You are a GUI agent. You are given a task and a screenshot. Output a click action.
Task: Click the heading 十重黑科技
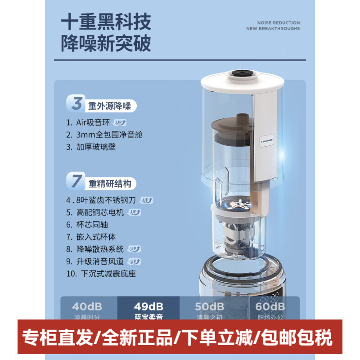[x=106, y=22]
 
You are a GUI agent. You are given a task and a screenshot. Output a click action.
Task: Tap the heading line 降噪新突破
[x=106, y=44]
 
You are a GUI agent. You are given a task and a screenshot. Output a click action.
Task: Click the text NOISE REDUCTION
[x=279, y=22]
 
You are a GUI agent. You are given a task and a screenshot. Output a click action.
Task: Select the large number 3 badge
[x=77, y=103]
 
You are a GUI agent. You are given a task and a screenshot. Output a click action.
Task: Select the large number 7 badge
[x=77, y=181]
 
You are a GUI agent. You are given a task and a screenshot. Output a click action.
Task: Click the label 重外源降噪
[x=109, y=107]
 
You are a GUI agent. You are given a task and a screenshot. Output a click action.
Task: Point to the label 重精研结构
[x=109, y=184]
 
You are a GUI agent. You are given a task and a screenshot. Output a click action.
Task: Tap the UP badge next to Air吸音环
[x=120, y=122]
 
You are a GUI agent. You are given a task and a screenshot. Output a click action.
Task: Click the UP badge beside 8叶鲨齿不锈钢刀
[x=147, y=200]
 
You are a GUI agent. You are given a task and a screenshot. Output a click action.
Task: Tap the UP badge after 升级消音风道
[x=134, y=261]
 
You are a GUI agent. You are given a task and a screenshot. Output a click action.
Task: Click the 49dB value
[x=148, y=306]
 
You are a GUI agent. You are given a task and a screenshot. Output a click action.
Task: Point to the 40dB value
[x=87, y=306]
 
